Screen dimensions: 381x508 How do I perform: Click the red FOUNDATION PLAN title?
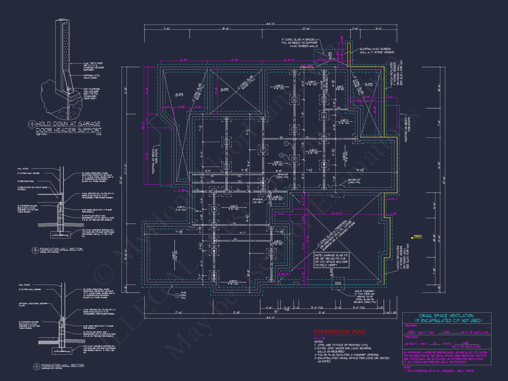click(340, 332)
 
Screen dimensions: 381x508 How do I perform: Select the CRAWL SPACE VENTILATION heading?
click(446, 316)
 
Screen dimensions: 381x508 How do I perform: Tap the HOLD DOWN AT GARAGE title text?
click(68, 124)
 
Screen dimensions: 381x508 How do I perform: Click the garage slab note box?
click(331, 260)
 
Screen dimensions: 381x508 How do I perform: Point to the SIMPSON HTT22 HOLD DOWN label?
click(91, 77)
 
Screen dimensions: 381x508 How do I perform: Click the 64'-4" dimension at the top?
click(271, 24)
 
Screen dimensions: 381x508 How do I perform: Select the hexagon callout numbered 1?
click(286, 144)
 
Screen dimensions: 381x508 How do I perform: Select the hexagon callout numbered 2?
click(281, 155)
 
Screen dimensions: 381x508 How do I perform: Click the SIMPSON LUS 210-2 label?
click(258, 201)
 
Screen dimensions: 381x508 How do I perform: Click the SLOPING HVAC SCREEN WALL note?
click(377, 51)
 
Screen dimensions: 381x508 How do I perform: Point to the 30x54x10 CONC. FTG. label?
click(282, 176)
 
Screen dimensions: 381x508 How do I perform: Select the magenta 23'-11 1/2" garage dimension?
click(337, 213)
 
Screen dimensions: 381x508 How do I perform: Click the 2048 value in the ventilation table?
click(411, 332)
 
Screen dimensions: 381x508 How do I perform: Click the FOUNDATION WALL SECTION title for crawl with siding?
click(61, 249)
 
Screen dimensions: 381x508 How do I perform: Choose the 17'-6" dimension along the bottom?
click(179, 313)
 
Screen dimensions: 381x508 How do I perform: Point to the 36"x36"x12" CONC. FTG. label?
click(354, 181)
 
